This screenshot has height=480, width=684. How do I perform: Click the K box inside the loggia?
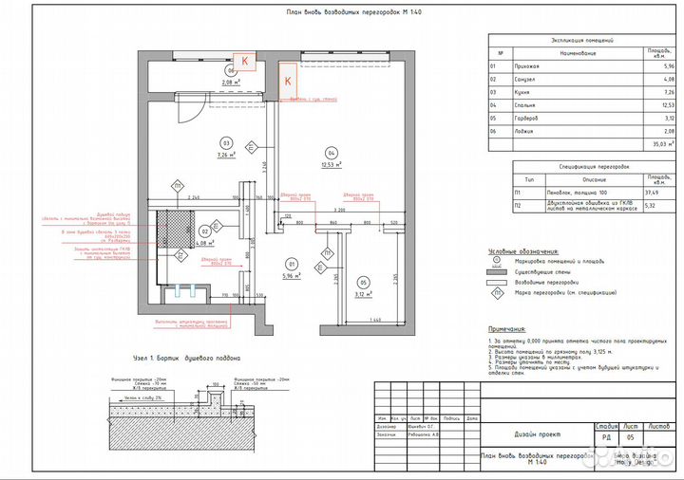tap(245, 60)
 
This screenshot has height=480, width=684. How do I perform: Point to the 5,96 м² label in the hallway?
tap(294, 276)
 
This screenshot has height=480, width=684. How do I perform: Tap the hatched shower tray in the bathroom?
tap(173, 229)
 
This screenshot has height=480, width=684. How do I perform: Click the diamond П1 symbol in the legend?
tap(495, 294)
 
